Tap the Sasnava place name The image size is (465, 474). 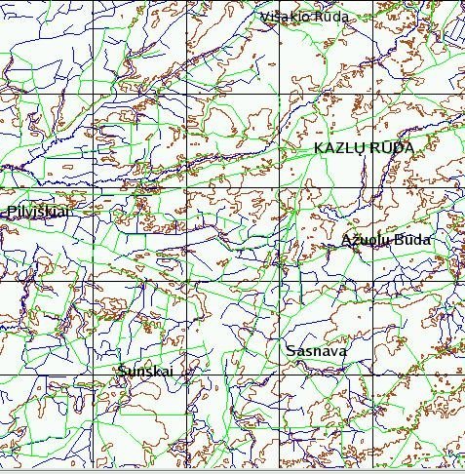317,350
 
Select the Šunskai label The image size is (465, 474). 144,372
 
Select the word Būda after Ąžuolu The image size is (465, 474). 410,241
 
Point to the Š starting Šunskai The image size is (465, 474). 120,372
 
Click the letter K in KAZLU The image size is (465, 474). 319,147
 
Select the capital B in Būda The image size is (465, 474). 397,241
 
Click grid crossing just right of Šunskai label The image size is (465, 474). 185,376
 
